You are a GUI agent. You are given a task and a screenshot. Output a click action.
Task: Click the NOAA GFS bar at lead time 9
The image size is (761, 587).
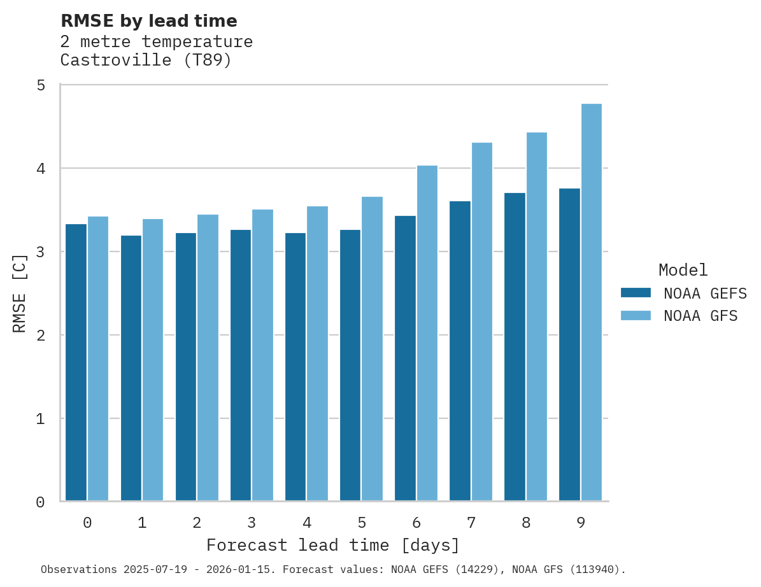point(592,302)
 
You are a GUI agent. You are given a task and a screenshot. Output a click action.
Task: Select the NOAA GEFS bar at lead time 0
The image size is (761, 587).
point(76,362)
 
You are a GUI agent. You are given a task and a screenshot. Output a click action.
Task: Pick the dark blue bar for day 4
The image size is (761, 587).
point(295,367)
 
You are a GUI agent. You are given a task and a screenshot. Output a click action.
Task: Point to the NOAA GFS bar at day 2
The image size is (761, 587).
point(208,358)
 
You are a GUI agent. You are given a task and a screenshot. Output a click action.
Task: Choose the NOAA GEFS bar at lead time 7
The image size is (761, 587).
point(460,351)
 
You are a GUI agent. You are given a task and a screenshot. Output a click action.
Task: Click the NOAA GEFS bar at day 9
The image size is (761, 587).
point(569,344)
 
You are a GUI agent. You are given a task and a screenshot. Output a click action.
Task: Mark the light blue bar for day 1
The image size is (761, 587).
point(153,360)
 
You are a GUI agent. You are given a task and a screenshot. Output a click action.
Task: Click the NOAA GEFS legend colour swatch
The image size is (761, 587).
point(636,293)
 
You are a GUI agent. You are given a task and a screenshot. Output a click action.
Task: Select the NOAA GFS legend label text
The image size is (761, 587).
point(701,316)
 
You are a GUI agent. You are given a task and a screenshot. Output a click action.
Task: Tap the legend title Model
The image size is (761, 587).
point(683,270)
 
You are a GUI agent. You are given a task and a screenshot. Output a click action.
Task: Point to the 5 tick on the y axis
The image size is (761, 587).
point(41,85)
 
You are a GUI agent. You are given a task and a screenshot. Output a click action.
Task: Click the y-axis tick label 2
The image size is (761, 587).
point(41,335)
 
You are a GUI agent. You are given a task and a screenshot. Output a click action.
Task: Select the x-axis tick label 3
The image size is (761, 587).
point(252,523)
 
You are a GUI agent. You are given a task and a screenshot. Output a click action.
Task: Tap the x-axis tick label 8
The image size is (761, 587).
point(526,523)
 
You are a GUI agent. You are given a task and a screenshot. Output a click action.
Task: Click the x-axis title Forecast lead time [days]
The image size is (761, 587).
point(333,546)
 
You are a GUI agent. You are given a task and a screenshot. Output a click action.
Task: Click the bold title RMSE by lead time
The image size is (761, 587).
point(149,21)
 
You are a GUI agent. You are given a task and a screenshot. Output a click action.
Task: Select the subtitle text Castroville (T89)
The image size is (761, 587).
point(146,60)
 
